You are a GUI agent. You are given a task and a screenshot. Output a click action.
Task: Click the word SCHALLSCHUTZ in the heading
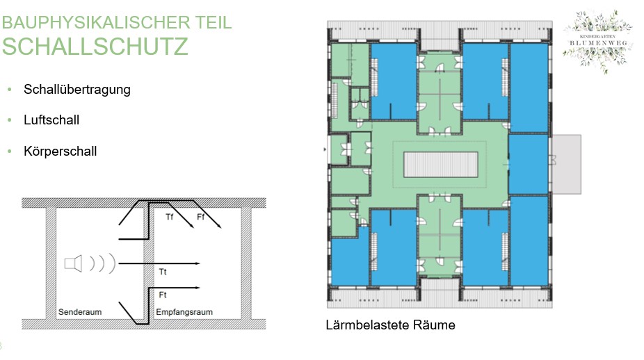click(x=95, y=46)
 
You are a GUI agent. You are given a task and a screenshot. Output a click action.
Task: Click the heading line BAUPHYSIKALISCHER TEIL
click(x=117, y=22)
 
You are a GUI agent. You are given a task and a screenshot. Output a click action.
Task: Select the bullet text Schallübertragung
click(x=77, y=90)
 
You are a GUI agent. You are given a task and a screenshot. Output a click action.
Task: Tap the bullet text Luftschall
click(x=51, y=120)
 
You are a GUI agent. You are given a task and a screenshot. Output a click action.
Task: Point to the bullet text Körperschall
click(x=60, y=151)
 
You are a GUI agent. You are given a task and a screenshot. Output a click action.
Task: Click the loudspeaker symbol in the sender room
click(x=74, y=263)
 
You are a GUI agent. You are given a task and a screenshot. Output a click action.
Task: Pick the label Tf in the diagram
click(x=169, y=218)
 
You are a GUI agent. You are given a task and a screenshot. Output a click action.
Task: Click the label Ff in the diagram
click(x=201, y=218)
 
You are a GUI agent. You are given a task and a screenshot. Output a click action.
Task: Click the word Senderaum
click(x=80, y=312)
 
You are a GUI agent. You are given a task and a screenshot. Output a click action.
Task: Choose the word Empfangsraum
click(x=184, y=312)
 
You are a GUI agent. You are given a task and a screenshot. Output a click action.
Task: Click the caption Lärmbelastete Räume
click(x=390, y=325)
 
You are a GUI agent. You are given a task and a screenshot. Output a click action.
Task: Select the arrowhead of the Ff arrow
click(x=220, y=227)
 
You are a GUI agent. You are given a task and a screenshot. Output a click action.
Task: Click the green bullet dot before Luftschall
click(x=10, y=120)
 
